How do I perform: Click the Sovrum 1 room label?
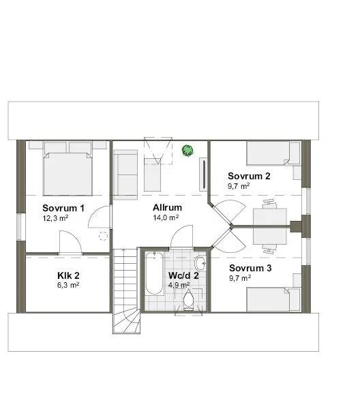click(x=63, y=208)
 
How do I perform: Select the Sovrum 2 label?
click(x=249, y=176)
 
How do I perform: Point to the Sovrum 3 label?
click(x=250, y=268)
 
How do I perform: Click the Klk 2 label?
click(x=68, y=275)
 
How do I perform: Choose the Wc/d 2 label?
click(x=183, y=275)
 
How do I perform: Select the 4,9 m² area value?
click(x=178, y=285)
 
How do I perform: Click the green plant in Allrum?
click(x=187, y=149)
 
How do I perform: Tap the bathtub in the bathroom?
click(x=153, y=273)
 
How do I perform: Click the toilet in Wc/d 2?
click(x=189, y=299)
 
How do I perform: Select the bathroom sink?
click(x=200, y=263)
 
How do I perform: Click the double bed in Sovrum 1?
click(x=67, y=170)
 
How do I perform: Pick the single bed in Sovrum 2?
click(x=273, y=154)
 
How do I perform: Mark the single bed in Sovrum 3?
click(x=273, y=299)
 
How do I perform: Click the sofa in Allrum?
click(x=125, y=173)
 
